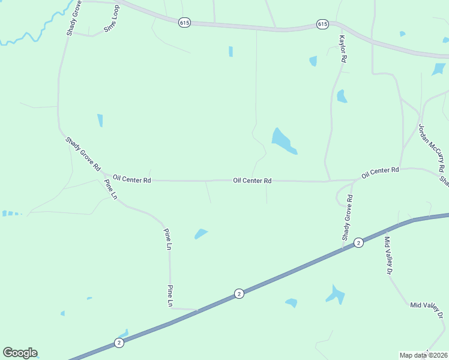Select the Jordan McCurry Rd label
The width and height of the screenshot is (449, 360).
(x=432, y=148)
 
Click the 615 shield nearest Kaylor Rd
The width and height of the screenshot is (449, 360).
(x=322, y=24)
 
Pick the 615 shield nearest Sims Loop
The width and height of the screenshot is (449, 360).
(x=184, y=22)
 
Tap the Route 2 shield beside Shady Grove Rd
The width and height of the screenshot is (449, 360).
(x=358, y=242)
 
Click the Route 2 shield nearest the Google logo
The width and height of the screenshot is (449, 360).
(x=119, y=343)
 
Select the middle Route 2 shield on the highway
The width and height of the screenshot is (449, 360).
(x=239, y=293)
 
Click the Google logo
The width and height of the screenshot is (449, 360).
(x=20, y=353)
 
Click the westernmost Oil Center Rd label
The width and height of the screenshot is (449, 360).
(x=131, y=179)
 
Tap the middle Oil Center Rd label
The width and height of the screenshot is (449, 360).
(x=253, y=180)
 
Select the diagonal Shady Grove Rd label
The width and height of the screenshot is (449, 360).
(x=83, y=154)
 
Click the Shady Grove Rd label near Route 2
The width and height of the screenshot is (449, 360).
(x=348, y=217)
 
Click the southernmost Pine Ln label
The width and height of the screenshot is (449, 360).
(x=170, y=296)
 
